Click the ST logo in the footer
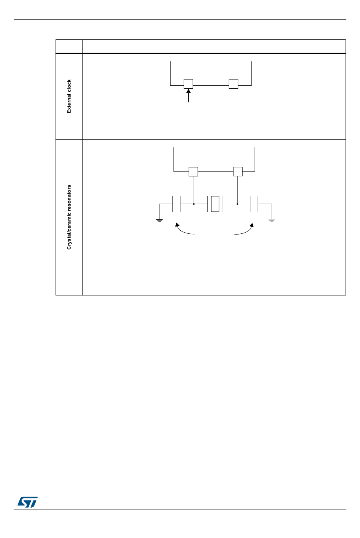27,502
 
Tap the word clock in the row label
69,86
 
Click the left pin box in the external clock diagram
188,84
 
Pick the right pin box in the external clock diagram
233,84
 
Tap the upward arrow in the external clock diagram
188,95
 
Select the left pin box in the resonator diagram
193,171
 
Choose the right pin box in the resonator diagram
238,171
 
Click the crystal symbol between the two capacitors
215,204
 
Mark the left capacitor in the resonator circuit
176,204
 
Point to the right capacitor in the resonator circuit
254,204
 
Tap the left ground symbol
160,219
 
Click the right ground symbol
272,219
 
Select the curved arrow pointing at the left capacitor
184,230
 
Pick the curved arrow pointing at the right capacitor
245,230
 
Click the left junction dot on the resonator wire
194,204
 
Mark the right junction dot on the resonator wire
238,204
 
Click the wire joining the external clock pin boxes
211,85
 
